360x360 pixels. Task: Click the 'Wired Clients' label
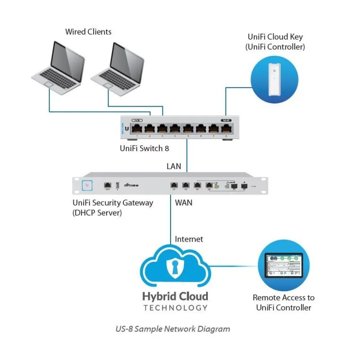[x=88, y=32]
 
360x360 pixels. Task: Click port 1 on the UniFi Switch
[x=137, y=128]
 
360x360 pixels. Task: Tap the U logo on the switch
[x=126, y=129]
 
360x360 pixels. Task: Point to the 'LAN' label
[x=174, y=166]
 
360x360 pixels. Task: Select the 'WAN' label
[x=183, y=203]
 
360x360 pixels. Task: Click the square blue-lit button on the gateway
[x=87, y=184]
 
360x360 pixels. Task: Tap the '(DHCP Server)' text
[x=97, y=213]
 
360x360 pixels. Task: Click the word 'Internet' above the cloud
[x=189, y=239]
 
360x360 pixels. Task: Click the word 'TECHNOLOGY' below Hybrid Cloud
[x=175, y=308]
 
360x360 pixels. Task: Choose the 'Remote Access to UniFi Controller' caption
[x=283, y=302]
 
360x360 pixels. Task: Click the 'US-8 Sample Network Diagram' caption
[x=173, y=329]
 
